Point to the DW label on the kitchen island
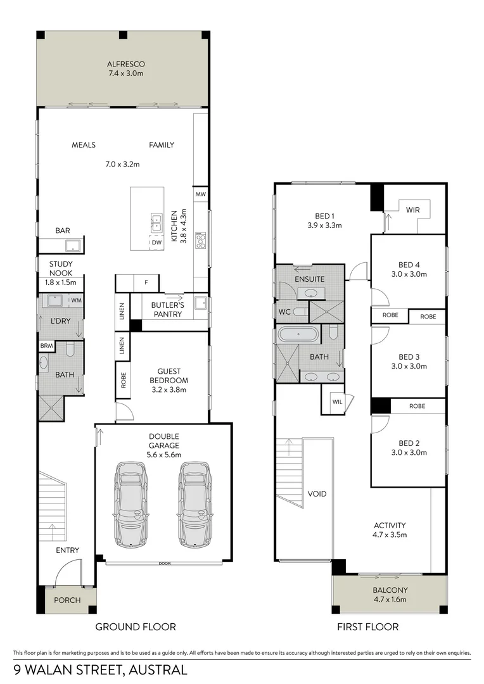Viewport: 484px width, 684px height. [x=155, y=242]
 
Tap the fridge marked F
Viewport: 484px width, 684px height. [x=146, y=282]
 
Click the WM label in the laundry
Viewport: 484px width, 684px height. [x=75, y=300]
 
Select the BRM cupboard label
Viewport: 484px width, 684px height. [x=46, y=346]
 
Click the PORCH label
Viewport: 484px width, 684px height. [x=67, y=600]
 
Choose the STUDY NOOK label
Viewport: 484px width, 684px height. [x=61, y=269]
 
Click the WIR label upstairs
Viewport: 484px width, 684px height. [x=413, y=209]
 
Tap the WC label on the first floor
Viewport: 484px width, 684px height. [x=284, y=312]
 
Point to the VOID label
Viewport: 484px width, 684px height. [x=317, y=493]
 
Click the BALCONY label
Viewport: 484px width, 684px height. [x=390, y=590]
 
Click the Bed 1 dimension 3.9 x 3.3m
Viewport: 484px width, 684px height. [x=324, y=225]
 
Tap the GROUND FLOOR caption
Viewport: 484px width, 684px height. [x=135, y=627]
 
